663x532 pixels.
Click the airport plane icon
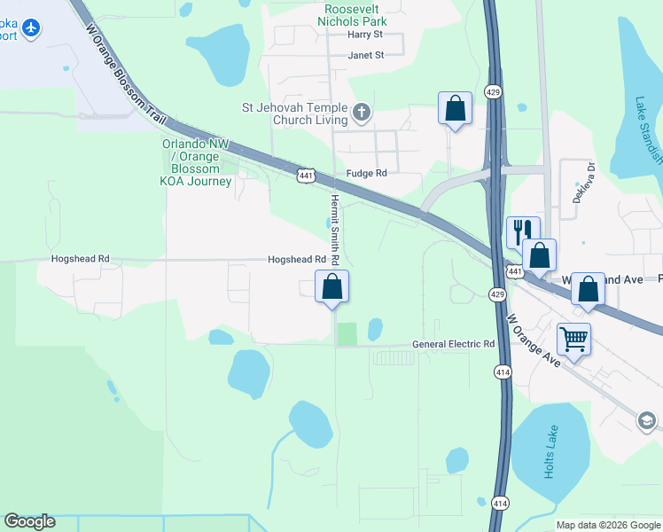pyautogui.click(x=32, y=29)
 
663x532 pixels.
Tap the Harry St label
pyautogui.click(x=364, y=35)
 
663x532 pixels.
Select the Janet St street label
pyautogui.click(x=365, y=55)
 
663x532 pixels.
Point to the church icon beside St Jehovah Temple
pyautogui.click(x=361, y=113)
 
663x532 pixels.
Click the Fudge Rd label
pyautogui.click(x=367, y=174)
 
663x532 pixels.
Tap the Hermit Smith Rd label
pyautogui.click(x=335, y=231)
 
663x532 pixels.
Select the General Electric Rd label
pyautogui.click(x=453, y=344)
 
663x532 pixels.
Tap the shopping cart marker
pyautogui.click(x=573, y=338)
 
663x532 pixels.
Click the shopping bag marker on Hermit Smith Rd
pyautogui.click(x=332, y=286)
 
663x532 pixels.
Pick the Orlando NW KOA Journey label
pyautogui.click(x=196, y=162)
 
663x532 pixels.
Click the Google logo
pyautogui.click(x=29, y=521)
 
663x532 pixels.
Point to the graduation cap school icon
pyautogui.click(x=646, y=419)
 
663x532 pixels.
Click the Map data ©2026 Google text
pyautogui.click(x=608, y=525)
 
